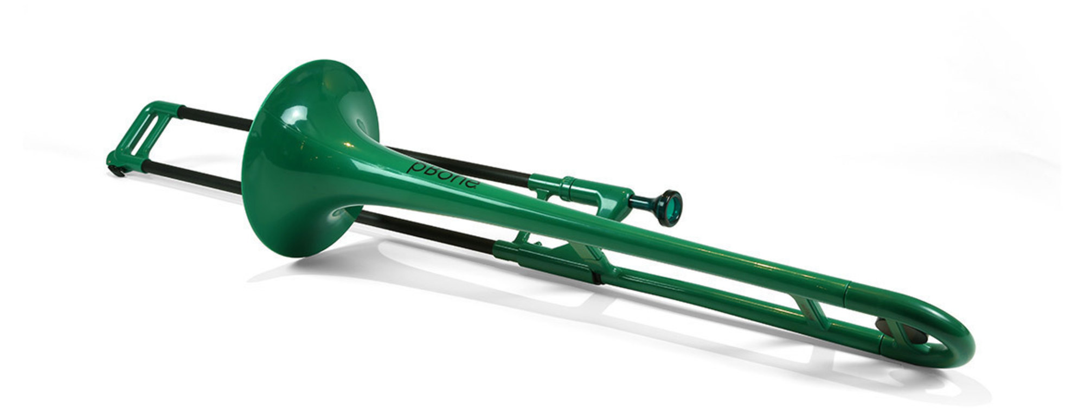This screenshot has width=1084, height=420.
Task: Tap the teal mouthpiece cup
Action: (671, 208)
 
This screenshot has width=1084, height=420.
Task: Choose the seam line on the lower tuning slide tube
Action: (881, 341)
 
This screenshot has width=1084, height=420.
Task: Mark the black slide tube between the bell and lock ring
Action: (461, 165)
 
